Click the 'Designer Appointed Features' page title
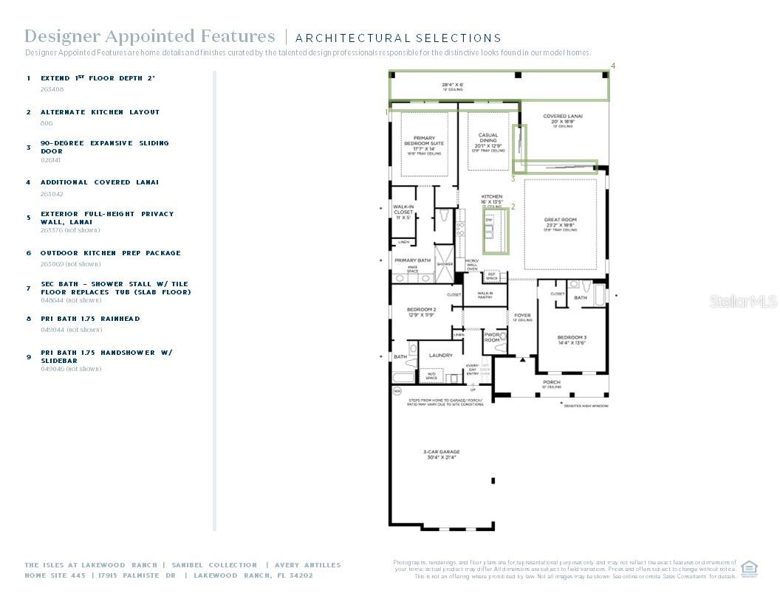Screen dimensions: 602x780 click(x=149, y=36)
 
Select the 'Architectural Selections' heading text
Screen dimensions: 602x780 click(x=398, y=38)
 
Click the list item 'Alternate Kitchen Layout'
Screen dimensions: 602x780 click(x=100, y=112)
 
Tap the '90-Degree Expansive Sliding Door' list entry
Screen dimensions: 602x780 click(x=104, y=147)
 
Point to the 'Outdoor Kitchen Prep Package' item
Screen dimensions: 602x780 click(x=110, y=253)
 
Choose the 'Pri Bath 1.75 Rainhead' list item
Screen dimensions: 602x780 click(x=90, y=319)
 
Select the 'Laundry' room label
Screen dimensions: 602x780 click(x=441, y=356)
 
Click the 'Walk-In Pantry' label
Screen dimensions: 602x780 click(x=485, y=295)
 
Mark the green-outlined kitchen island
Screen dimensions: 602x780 click(x=496, y=231)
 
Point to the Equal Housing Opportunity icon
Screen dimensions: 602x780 click(x=750, y=567)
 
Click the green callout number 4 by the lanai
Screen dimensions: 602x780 click(x=612, y=66)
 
